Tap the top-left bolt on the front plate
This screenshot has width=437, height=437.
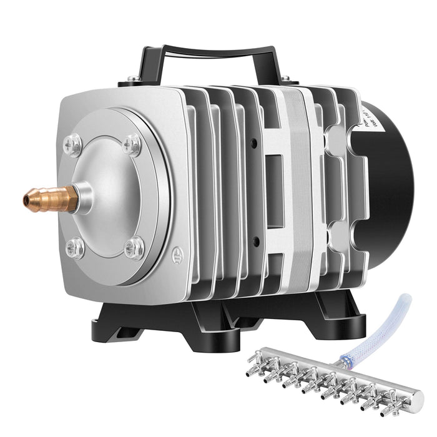[73, 145]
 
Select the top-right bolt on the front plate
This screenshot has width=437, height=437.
[131, 145]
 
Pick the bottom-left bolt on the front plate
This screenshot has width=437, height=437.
[74, 247]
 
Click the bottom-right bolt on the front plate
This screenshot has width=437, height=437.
[134, 247]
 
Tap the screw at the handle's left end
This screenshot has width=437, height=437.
[132, 79]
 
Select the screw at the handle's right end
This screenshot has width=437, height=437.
[285, 79]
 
